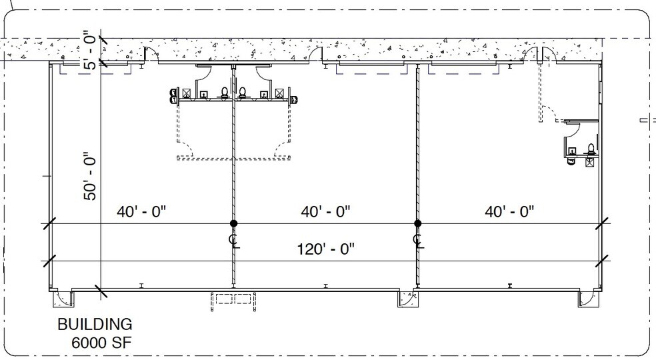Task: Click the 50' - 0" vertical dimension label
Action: click(91, 176)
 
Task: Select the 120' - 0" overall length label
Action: click(325, 249)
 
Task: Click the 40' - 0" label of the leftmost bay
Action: click(141, 211)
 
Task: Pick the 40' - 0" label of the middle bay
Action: click(325, 211)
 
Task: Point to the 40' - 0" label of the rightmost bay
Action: click(509, 211)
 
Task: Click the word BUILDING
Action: click(95, 325)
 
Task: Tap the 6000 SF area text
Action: click(101, 343)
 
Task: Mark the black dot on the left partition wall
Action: click(233, 223)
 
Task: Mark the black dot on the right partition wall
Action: click(417, 223)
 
